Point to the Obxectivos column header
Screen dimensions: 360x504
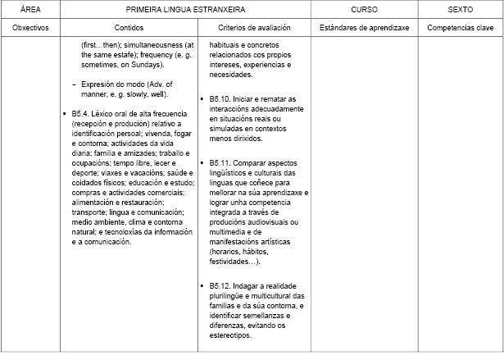pyautogui.click(x=30, y=27)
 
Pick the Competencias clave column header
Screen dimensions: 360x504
pyautogui.click(x=460, y=27)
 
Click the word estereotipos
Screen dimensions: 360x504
pyautogui.click(x=231, y=335)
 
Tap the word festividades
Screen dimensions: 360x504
pyautogui.click(x=233, y=262)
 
